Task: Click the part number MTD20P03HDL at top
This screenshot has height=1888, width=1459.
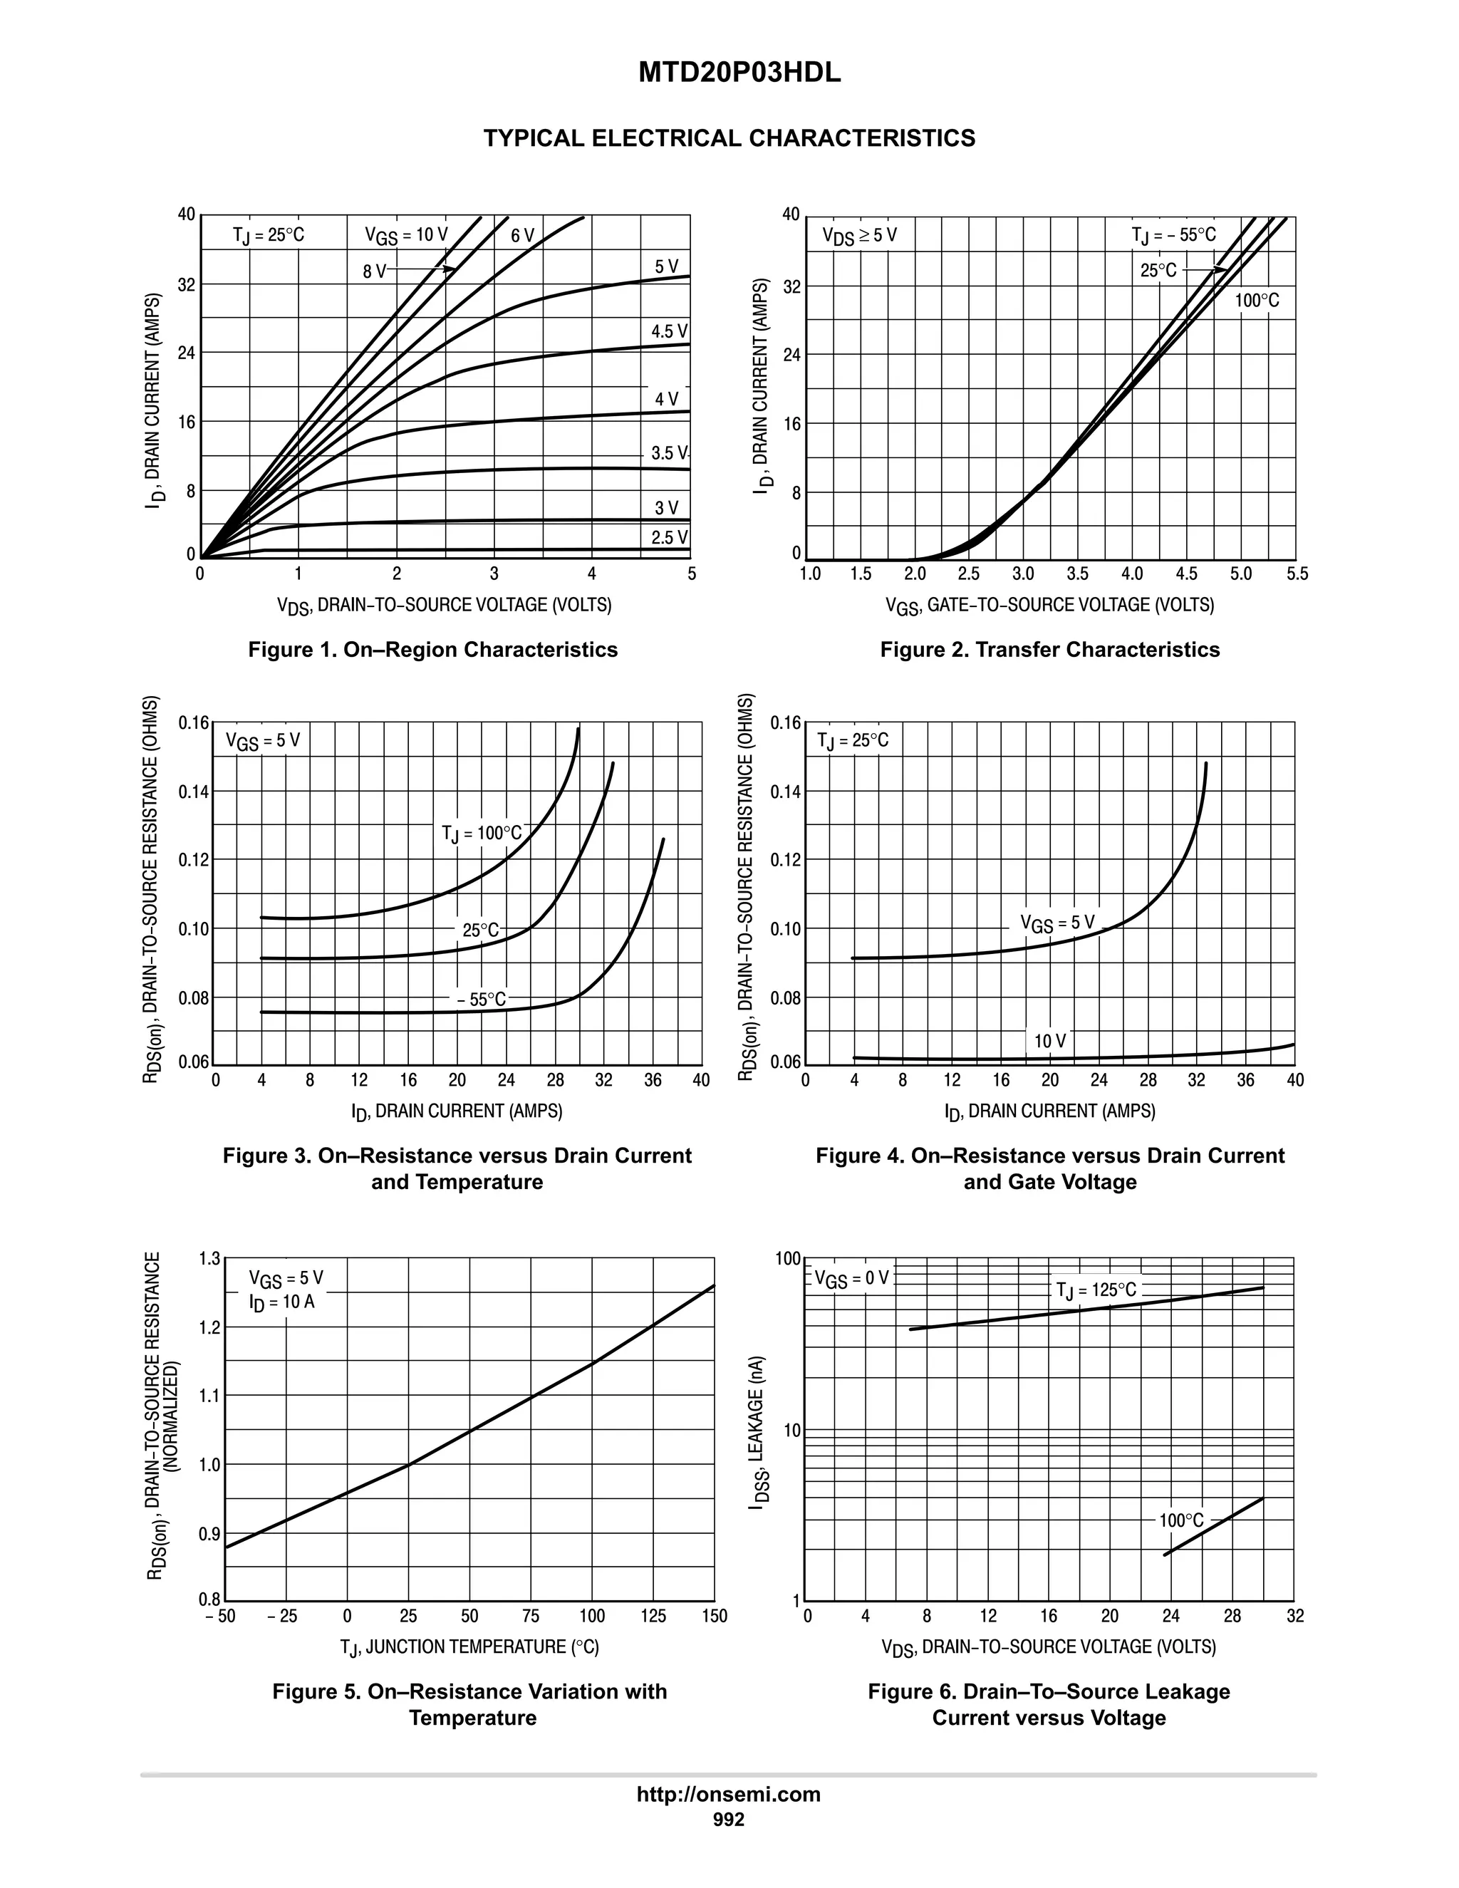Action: click(739, 73)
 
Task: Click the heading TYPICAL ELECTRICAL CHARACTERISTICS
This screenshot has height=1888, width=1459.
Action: click(729, 138)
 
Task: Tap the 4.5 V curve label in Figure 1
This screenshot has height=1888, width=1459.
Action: click(669, 331)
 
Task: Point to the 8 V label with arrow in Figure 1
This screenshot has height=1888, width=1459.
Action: click(375, 271)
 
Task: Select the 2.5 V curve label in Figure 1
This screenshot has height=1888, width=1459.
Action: click(669, 538)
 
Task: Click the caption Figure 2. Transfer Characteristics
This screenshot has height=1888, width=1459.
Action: click(1049, 649)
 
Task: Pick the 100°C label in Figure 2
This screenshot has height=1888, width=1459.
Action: click(1257, 301)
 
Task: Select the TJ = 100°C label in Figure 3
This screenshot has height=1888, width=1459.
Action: click(482, 834)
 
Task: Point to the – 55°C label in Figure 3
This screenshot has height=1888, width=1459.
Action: click(482, 1000)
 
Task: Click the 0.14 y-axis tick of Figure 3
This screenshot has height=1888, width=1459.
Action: click(194, 792)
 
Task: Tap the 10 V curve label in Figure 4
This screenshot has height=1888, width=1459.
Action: click(1050, 1042)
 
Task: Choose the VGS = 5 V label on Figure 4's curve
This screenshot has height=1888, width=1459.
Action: click(1057, 923)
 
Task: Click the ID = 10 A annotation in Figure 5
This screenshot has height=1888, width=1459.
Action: click(282, 1302)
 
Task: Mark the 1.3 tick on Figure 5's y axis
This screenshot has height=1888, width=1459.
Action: click(210, 1259)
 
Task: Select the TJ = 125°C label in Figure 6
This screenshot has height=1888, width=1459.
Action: click(1096, 1291)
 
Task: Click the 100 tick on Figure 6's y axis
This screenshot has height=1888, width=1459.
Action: click(787, 1259)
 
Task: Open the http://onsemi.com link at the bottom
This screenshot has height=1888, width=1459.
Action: click(729, 1794)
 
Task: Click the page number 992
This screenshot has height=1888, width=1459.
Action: click(729, 1819)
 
